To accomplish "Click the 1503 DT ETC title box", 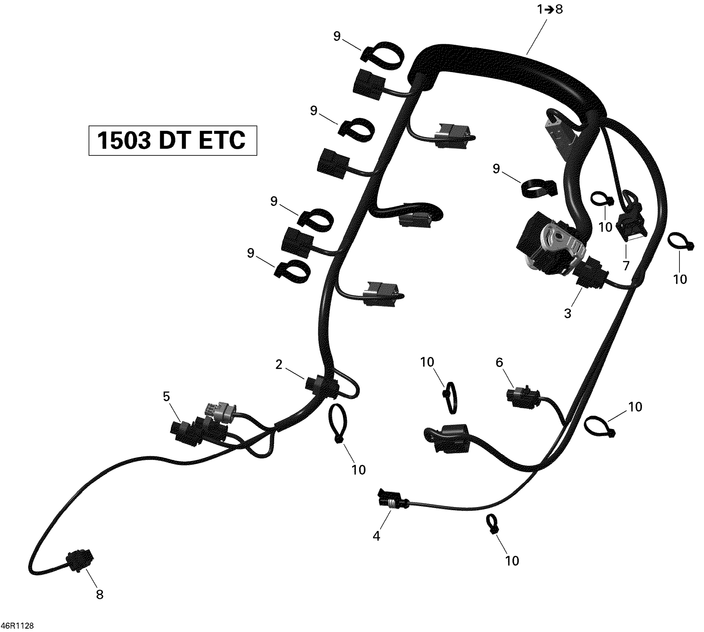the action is pos(172,140).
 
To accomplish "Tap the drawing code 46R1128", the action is pos(17,626).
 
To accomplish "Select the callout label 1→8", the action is pos(550,9).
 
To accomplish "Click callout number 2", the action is pos(279,365).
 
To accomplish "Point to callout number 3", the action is pos(567,313).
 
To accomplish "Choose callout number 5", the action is pos(166,397).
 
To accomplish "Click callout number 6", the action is pos(499,362).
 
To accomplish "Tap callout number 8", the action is pos(100,594).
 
